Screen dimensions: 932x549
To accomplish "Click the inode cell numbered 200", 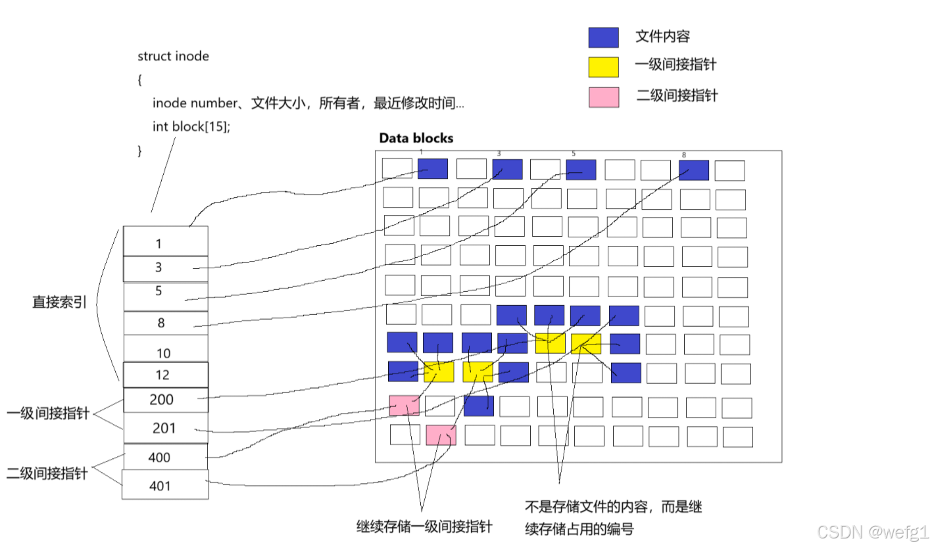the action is click(x=165, y=400).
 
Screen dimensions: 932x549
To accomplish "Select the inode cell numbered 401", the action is click(x=165, y=486).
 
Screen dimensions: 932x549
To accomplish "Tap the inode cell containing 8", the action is click(x=165, y=323).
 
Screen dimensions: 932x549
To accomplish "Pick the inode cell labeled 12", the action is click(x=165, y=375).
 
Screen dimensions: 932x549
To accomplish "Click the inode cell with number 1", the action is click(x=165, y=243).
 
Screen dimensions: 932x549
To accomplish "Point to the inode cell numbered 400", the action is click(x=165, y=457).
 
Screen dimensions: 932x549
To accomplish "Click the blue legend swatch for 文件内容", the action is click(x=603, y=37).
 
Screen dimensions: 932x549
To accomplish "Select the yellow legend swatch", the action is click(x=603, y=67).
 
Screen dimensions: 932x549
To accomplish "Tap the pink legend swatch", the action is click(x=603, y=97).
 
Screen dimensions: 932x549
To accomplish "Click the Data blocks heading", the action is click(x=416, y=138).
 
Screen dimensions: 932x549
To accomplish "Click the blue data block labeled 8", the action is click(x=694, y=170).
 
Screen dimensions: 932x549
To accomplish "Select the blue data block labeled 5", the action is click(x=581, y=170).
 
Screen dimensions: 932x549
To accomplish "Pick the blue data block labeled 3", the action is click(x=507, y=170).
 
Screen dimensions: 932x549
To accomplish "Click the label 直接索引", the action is click(x=60, y=302).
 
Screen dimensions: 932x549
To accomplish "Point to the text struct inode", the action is click(x=173, y=56).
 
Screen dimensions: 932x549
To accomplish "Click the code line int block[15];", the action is click(x=191, y=126).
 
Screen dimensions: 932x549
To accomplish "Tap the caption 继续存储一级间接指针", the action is click(x=424, y=527).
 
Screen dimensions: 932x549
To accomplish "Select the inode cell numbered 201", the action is click(x=165, y=428).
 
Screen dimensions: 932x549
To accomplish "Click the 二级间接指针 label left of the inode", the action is click(x=47, y=473).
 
